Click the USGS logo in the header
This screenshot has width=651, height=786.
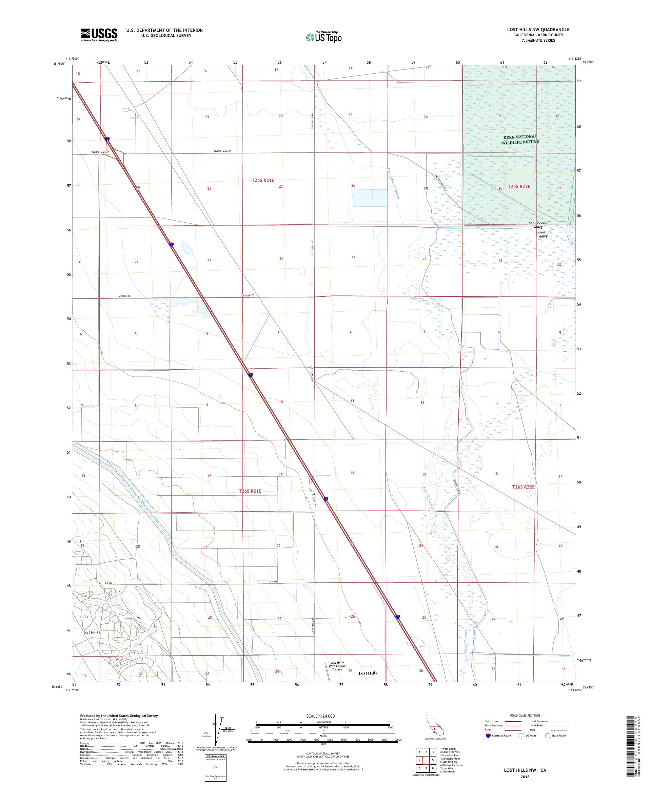99,35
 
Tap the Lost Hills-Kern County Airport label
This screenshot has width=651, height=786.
337,666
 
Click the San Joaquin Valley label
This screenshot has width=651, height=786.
538,225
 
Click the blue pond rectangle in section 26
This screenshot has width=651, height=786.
369,198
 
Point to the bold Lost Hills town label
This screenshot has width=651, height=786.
368,673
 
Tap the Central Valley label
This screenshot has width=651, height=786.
543,234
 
